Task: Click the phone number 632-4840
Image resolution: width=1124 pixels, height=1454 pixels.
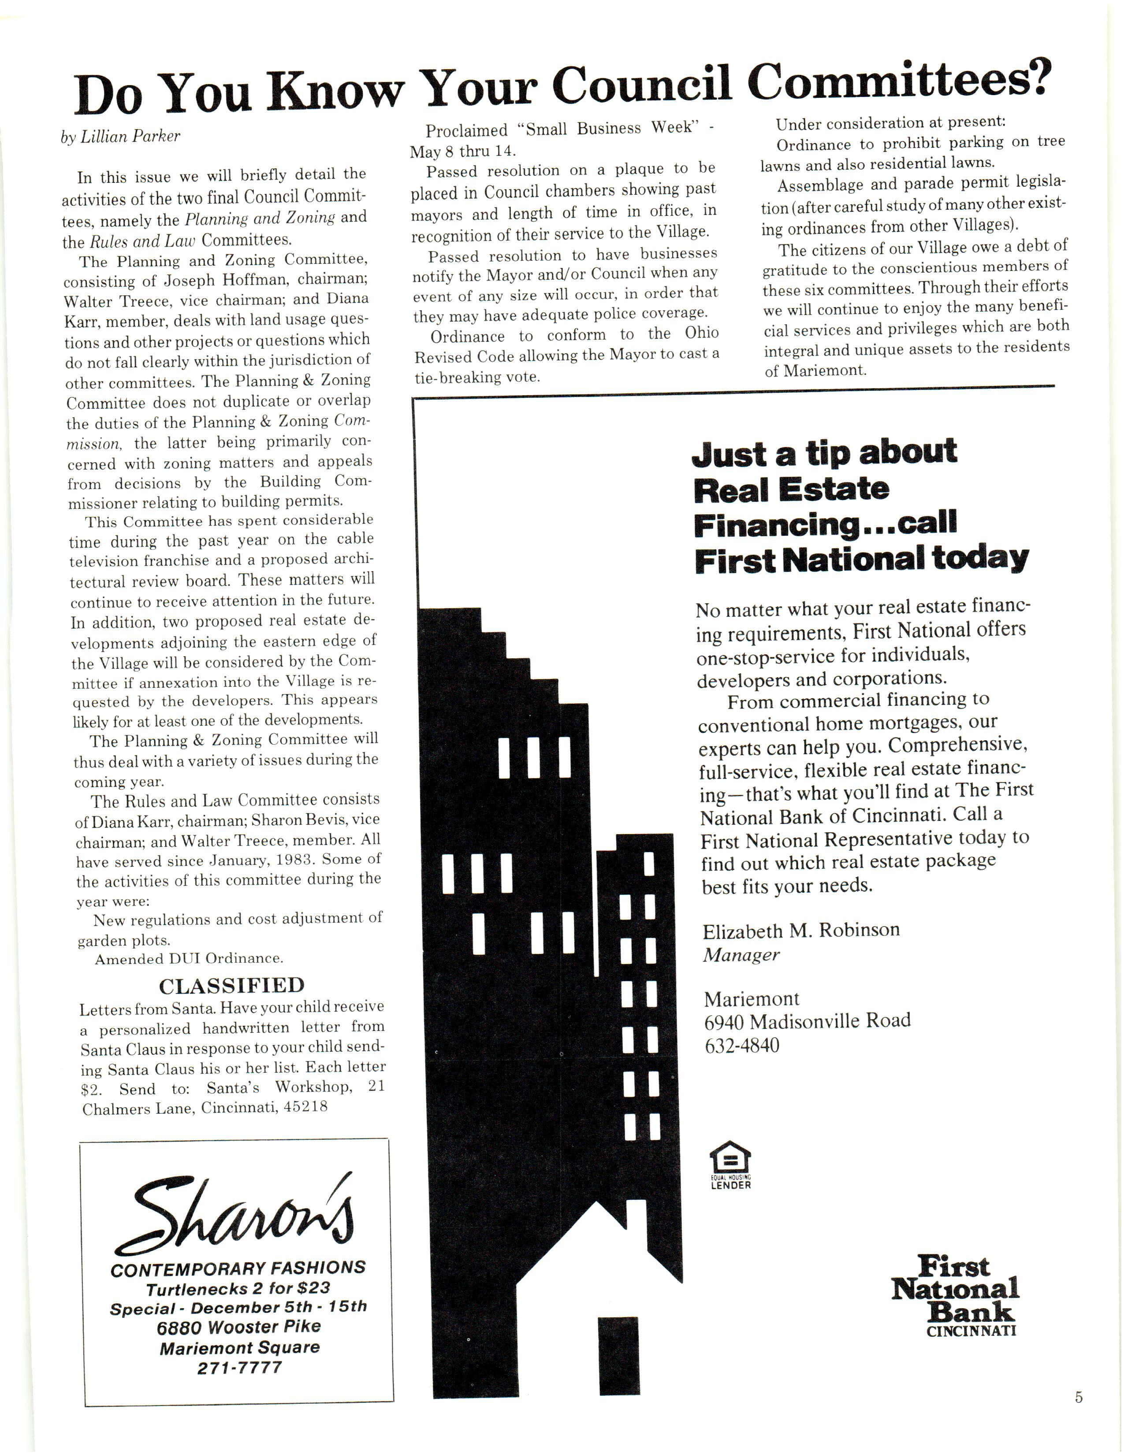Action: pos(742,1045)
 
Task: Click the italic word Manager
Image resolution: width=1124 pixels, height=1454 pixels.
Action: pos(741,955)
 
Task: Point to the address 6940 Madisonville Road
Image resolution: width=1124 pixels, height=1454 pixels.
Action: pos(807,1020)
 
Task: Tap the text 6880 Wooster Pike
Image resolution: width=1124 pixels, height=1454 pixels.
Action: pos(238,1327)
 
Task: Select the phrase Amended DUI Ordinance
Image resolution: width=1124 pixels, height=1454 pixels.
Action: pos(189,959)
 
